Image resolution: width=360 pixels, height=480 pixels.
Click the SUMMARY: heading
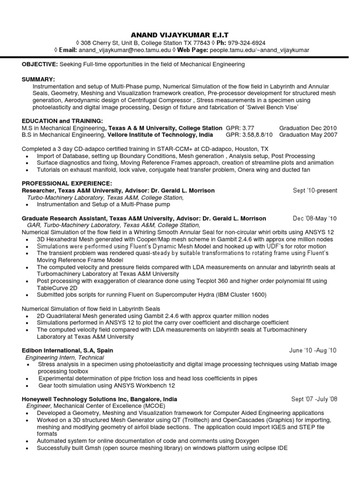point(38,80)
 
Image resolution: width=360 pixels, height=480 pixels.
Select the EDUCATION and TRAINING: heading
point(62,121)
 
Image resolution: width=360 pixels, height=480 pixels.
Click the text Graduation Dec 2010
point(308,128)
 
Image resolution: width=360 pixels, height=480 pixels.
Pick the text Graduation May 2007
point(308,135)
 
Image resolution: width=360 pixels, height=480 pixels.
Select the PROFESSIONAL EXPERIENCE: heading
point(67,183)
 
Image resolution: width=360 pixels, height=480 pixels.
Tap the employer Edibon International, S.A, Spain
point(67,350)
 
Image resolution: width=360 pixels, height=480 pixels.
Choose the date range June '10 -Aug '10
point(313,350)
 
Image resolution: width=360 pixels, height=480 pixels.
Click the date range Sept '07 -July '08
point(314,399)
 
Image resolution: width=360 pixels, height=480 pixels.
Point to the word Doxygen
point(246,441)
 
